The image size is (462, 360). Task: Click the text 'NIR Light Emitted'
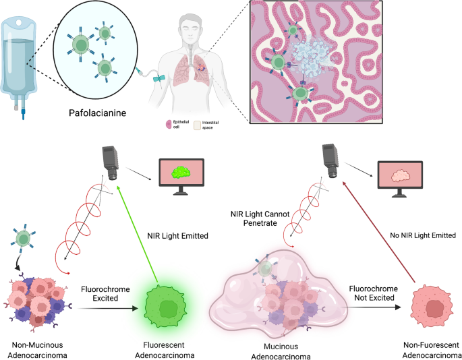tap(177, 236)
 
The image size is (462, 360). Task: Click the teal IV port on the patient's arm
tap(158, 78)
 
